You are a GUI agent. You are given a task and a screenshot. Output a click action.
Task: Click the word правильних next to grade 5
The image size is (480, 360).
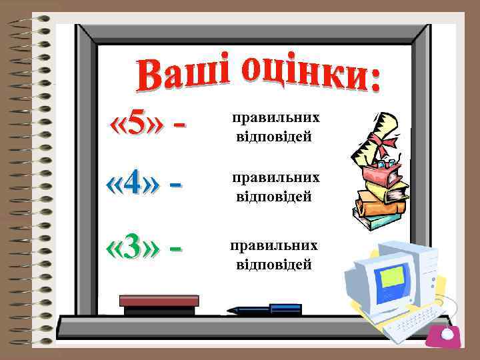tap(275, 117)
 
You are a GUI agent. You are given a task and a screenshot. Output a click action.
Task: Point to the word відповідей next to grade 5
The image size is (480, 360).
tap(274, 137)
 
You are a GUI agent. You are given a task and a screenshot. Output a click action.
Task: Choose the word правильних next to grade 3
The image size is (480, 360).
tap(273, 245)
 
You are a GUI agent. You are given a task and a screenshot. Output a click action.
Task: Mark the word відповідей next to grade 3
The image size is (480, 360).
tap(274, 265)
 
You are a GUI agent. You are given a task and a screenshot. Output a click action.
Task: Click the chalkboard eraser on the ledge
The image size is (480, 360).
tap(159, 304)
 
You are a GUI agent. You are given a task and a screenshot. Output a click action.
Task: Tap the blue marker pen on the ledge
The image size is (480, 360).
tap(267, 309)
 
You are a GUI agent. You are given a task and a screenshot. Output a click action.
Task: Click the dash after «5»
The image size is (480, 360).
tap(179, 125)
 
